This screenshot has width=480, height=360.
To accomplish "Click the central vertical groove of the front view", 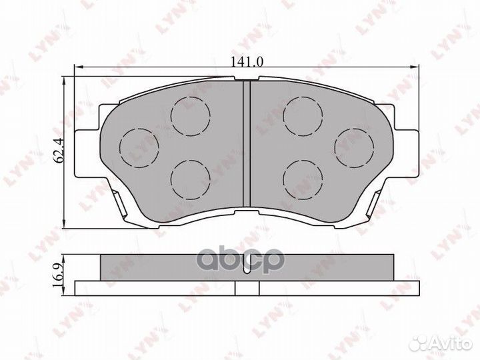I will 246,143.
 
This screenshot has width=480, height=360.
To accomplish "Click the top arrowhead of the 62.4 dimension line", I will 63,81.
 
